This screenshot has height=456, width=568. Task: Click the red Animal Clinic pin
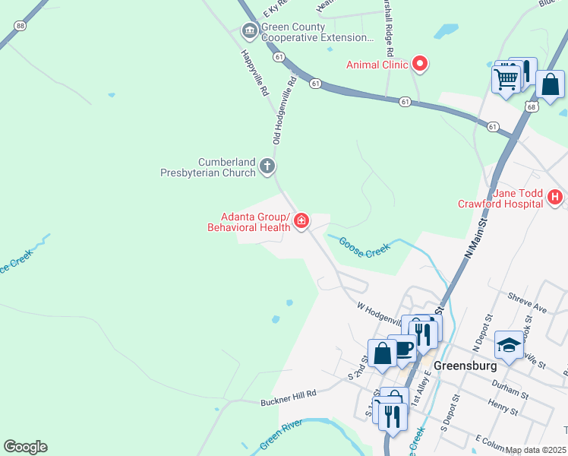point(419,65)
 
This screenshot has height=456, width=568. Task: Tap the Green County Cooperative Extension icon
point(248,31)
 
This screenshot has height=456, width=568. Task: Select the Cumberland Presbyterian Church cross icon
point(267,166)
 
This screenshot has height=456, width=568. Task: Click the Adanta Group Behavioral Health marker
point(301,221)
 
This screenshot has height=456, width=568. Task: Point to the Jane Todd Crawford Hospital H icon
point(555,198)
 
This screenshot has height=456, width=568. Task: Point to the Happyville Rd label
point(255,73)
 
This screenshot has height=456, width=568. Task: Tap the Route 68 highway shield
point(531,107)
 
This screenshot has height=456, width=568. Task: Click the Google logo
point(25,447)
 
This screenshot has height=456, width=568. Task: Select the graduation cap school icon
point(509,344)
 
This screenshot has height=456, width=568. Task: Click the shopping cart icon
point(506,78)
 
